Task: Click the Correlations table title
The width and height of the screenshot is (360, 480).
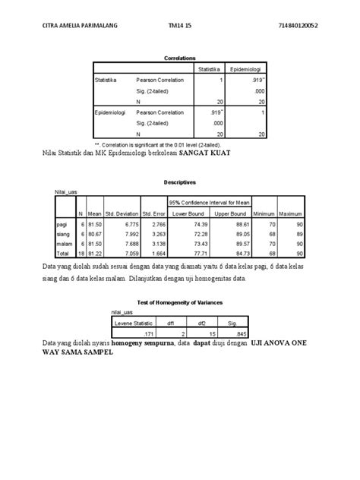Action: point(180,58)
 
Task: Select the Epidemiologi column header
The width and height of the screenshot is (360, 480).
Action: point(247,68)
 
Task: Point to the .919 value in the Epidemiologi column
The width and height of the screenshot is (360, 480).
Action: point(257,80)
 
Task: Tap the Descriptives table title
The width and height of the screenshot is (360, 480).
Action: point(180,183)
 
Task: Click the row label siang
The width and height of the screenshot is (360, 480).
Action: point(63,235)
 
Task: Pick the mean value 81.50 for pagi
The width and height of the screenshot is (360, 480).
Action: point(95,226)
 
